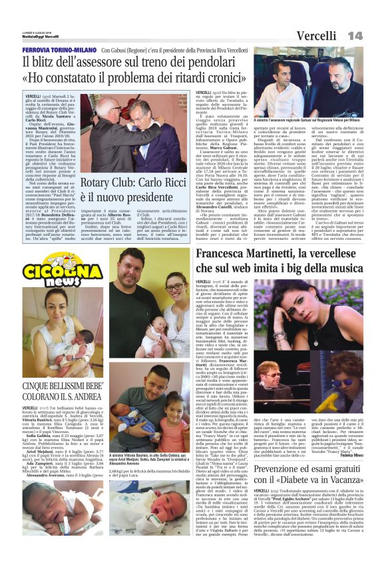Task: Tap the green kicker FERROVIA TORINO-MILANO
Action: pos(59,50)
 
